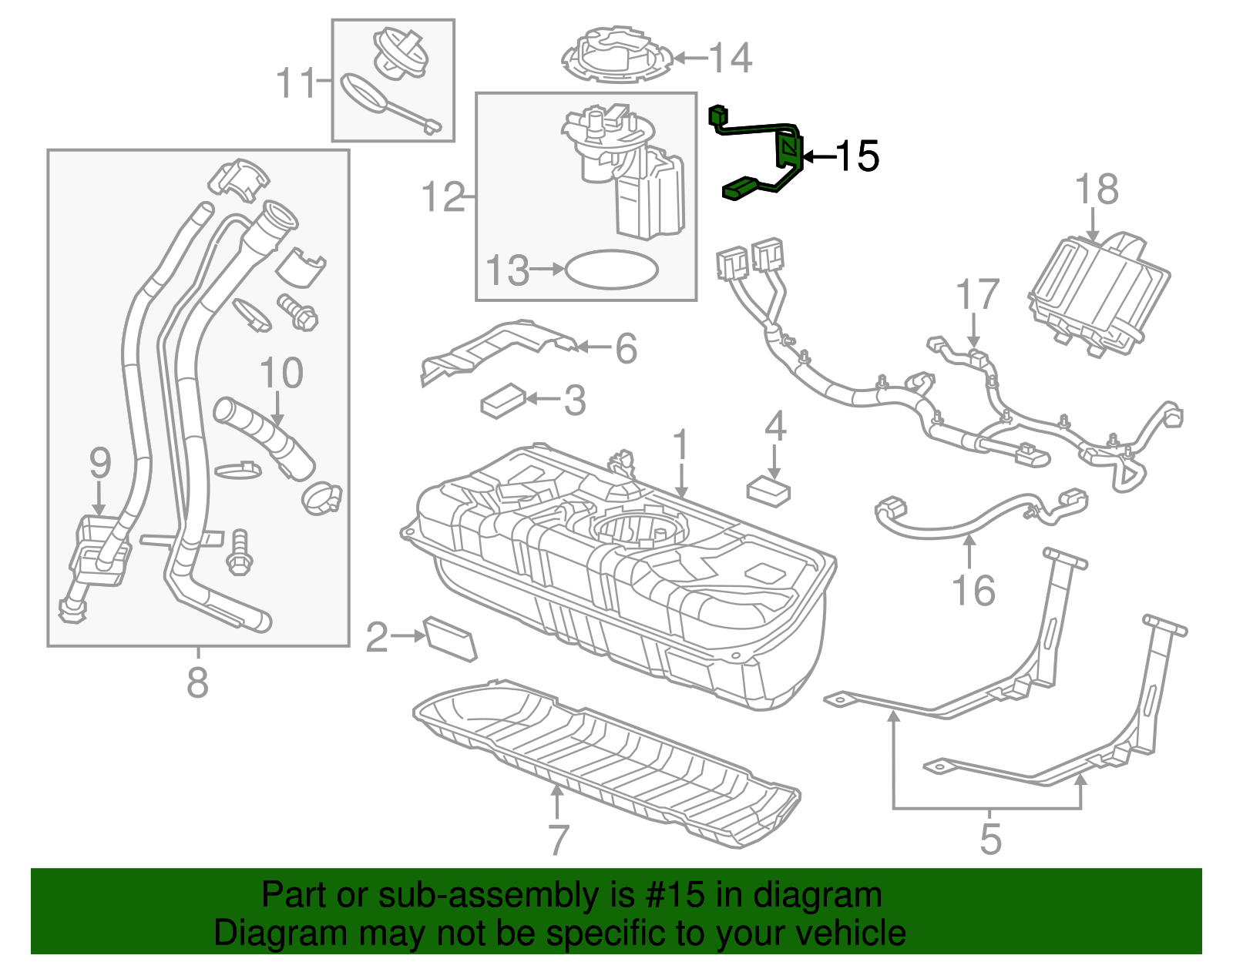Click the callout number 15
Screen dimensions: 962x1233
pyautogui.click(x=857, y=156)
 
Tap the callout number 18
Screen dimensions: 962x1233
pyautogui.click(x=1096, y=189)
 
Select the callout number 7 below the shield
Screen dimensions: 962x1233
pyautogui.click(x=558, y=839)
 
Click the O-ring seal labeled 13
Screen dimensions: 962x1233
pyautogui.click(x=612, y=270)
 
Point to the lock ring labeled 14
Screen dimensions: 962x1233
pyautogui.click(x=616, y=55)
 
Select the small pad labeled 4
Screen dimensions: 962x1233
pyautogui.click(x=768, y=491)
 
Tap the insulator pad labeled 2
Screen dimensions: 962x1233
pyautogui.click(x=451, y=638)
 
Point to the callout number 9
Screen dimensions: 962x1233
pyautogui.click(x=100, y=464)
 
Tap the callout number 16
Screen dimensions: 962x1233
pyautogui.click(x=973, y=591)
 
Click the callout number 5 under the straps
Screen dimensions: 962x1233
pyautogui.click(x=990, y=839)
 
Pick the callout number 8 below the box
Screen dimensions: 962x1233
pyautogui.click(x=197, y=682)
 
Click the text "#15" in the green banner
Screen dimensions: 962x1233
pyautogui.click(x=671, y=896)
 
